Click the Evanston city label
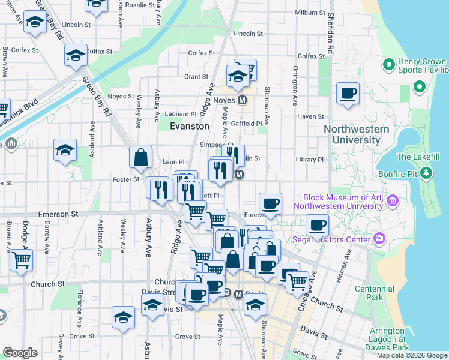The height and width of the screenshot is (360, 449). tap(190, 127)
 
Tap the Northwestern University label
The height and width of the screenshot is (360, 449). tap(352, 134)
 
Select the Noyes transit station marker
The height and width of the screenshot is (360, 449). tap(243, 100)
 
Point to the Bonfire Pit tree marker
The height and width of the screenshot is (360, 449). tap(426, 173)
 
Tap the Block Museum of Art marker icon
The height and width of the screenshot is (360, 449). tap(393, 200)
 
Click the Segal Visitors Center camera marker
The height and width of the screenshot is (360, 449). tap(379, 240)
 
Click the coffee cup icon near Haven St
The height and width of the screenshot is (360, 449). tap(348, 94)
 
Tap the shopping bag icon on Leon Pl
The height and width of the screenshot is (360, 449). tap(140, 158)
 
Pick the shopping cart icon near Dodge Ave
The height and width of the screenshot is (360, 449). tap(21, 260)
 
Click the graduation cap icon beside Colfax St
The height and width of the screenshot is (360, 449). tap(76, 55)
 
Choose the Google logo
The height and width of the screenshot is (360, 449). tap(20, 353)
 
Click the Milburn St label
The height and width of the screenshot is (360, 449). tap(310, 13)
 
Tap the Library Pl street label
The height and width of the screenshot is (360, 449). tap(310, 160)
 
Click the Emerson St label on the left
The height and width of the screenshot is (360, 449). tap(58, 213)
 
